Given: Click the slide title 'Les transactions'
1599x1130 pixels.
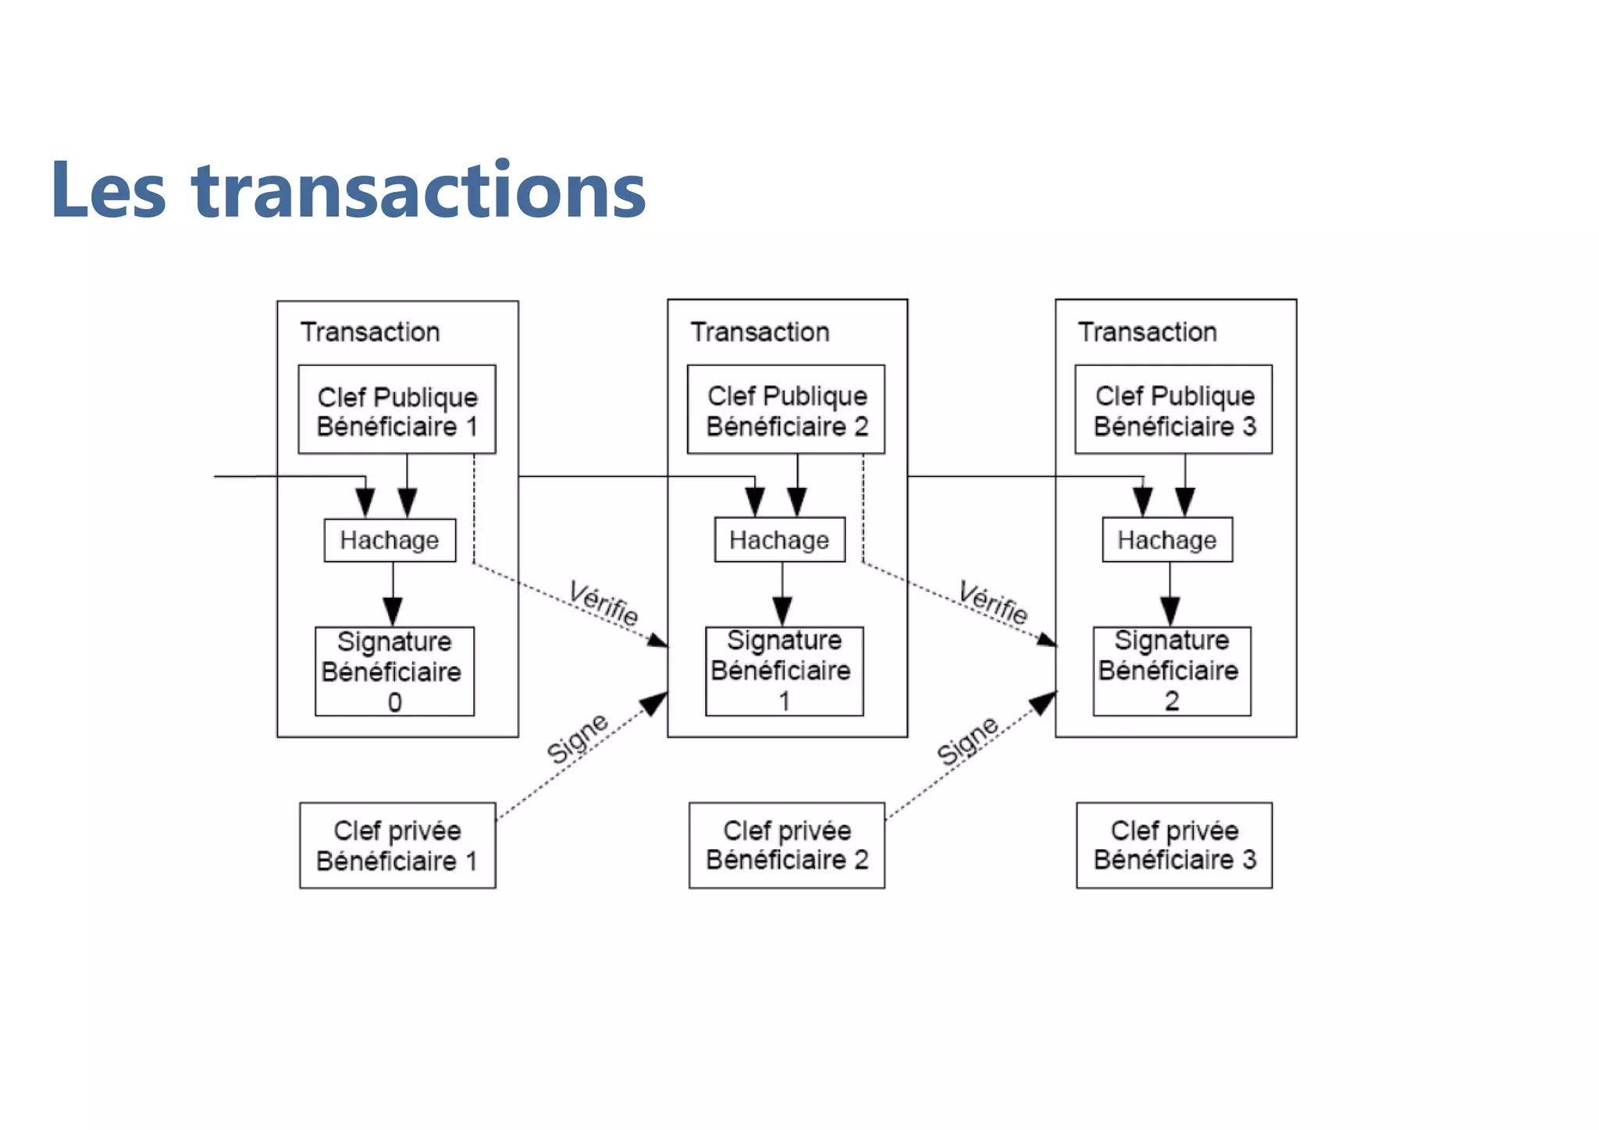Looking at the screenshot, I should pyautogui.click(x=348, y=190).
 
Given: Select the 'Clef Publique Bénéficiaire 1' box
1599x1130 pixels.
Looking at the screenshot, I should pyautogui.click(x=397, y=410).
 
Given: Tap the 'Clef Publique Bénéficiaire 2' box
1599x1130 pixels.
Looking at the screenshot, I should pyautogui.click(x=786, y=410).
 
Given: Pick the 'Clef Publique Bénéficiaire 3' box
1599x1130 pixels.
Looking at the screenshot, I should pyautogui.click(x=1173, y=410).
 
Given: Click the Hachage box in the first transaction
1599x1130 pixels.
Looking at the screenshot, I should pyautogui.click(x=390, y=540).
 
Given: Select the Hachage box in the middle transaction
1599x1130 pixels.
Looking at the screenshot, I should pyautogui.click(x=779, y=539).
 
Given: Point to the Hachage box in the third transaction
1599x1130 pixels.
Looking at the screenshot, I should pyautogui.click(x=1167, y=539).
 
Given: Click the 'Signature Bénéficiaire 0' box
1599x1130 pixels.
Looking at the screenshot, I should pyautogui.click(x=394, y=671).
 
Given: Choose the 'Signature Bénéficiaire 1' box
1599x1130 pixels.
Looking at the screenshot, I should pyautogui.click(x=784, y=670).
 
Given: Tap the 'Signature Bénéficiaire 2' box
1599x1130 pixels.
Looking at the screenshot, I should pyautogui.click(x=1172, y=670).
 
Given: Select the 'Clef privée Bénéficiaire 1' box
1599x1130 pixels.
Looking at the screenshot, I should pyautogui.click(x=397, y=845).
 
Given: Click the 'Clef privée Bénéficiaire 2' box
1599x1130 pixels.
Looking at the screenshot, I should pyautogui.click(x=786, y=844).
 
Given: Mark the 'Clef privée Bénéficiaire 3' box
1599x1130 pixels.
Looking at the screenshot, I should pyautogui.click(x=1174, y=844).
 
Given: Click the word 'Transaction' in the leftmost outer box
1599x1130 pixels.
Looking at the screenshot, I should pyautogui.click(x=370, y=332).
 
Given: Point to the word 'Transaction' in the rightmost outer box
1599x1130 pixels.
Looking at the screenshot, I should pyautogui.click(x=1148, y=332).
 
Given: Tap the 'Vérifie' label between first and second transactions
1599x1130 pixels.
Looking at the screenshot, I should pyautogui.click(x=604, y=602).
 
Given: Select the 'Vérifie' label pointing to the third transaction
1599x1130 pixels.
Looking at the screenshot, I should pyautogui.click(x=993, y=602).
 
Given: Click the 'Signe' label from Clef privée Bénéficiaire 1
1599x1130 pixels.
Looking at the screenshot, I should pyautogui.click(x=577, y=737).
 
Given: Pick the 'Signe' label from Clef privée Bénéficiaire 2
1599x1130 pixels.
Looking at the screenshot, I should pyautogui.click(x=967, y=741).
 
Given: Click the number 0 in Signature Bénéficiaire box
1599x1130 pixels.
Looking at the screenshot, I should pyautogui.click(x=395, y=702).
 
